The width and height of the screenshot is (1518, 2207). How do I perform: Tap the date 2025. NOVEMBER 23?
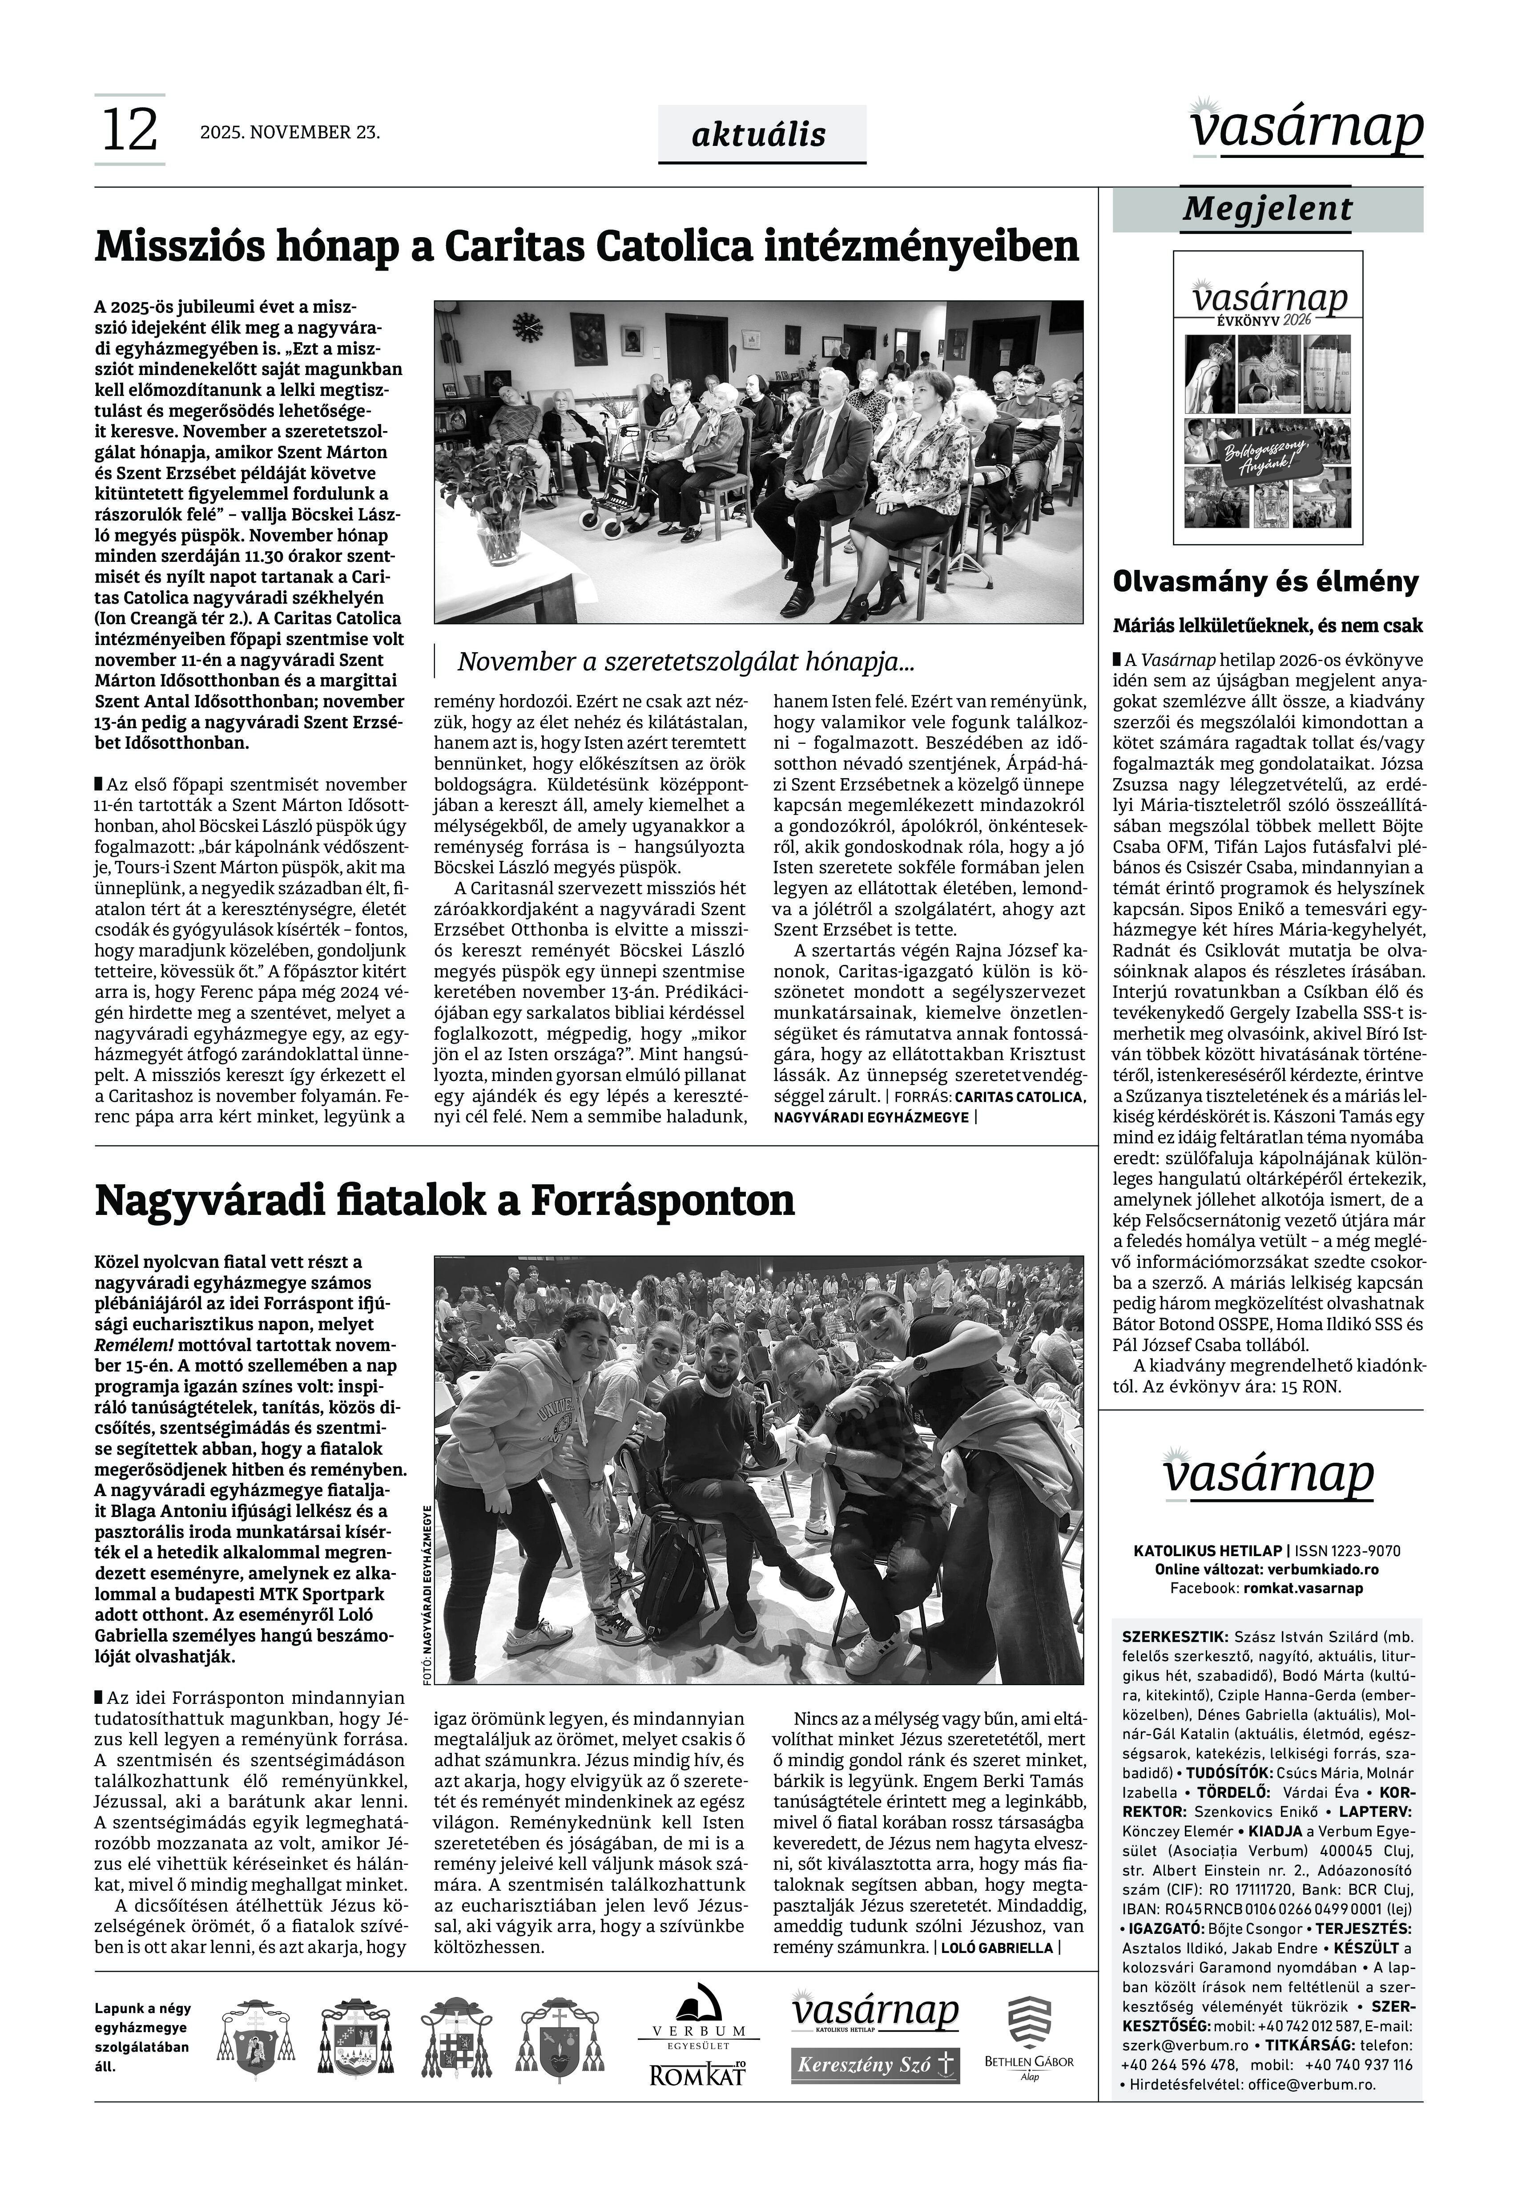point(290,133)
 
